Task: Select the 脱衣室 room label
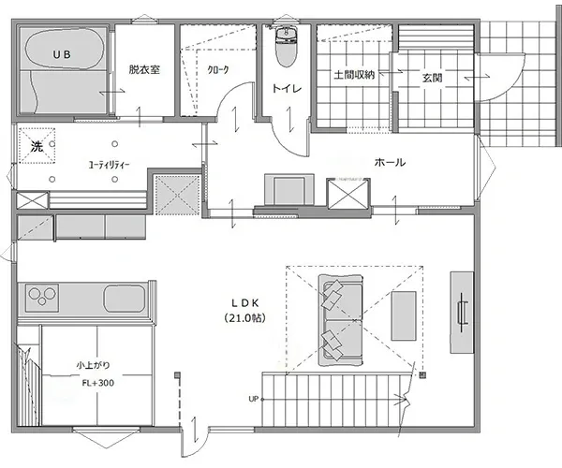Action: pos(144,69)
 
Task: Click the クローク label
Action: pos(218,70)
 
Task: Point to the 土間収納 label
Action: pos(354,75)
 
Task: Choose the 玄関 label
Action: pos(432,78)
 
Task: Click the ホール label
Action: pos(390,162)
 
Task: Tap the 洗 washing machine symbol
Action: pos(37,146)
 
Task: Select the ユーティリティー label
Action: pos(109,165)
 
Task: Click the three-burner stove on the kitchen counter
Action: pos(42,297)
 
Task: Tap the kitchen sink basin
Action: pos(125,299)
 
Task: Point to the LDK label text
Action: pos(244,303)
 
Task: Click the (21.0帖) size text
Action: pos(245,317)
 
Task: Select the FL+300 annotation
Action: pos(97,383)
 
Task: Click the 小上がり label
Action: pos(93,366)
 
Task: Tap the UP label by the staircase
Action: pos(254,399)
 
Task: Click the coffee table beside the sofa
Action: pos(404,315)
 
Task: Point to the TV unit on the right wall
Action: pos(462,313)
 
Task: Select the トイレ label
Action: pos(287,88)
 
